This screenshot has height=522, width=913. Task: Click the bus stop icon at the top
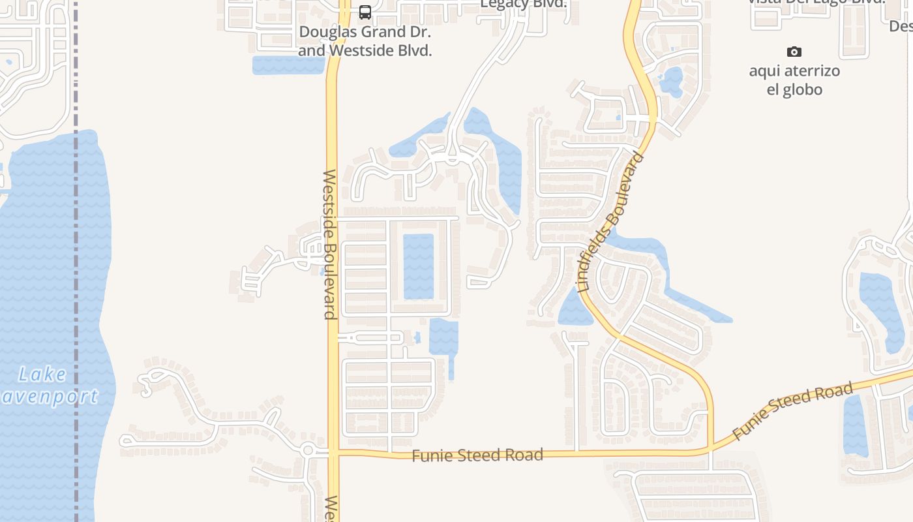point(365,12)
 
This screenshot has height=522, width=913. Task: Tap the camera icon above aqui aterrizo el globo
point(794,52)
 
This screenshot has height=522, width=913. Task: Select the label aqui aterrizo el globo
point(794,80)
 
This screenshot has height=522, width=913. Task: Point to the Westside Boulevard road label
point(330,245)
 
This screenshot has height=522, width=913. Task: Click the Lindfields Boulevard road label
point(612,222)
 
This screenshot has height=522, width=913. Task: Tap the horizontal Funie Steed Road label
point(477,455)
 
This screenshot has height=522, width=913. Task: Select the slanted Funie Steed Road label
point(792,411)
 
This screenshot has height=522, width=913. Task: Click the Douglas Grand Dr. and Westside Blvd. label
point(365,40)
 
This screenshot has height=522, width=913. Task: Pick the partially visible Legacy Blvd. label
point(523,5)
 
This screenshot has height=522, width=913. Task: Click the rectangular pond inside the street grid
point(419,266)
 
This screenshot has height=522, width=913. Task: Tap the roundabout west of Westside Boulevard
point(309,450)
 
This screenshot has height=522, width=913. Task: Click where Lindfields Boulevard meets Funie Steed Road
point(711,449)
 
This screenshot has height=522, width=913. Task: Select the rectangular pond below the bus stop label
point(288,65)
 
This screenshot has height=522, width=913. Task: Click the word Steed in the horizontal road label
point(477,455)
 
